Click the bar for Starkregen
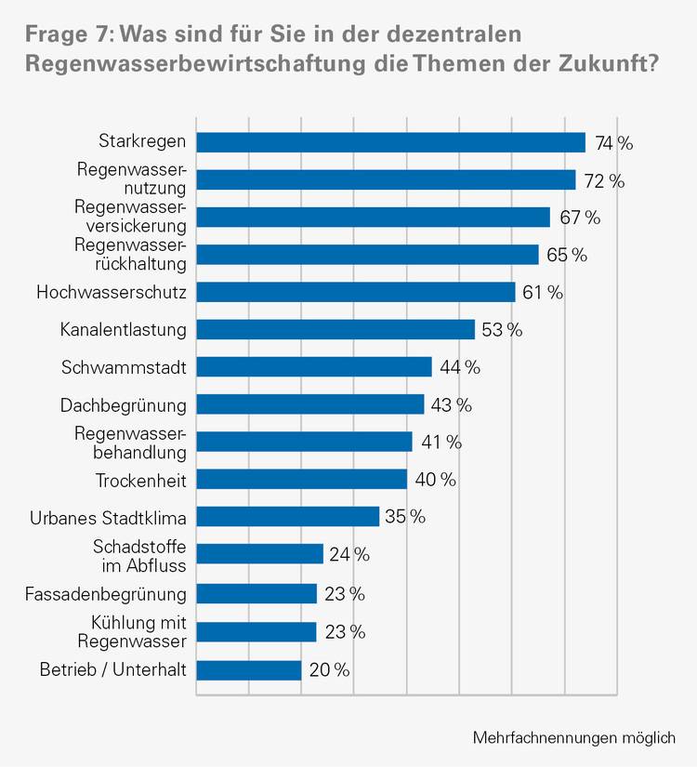click(x=390, y=142)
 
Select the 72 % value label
click(x=604, y=180)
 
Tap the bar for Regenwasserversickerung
click(x=373, y=218)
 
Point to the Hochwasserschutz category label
click(x=112, y=292)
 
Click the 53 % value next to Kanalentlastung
click(x=502, y=330)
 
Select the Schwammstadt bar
click(x=314, y=367)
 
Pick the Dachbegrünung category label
click(x=124, y=405)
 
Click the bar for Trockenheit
click(x=302, y=479)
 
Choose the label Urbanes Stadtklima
click(x=108, y=517)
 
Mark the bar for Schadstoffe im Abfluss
click(x=259, y=554)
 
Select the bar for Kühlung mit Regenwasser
click(x=256, y=632)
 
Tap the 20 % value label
click(x=329, y=670)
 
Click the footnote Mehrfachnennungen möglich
click(x=573, y=737)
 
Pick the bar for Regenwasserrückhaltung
click(x=367, y=255)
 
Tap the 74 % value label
click(x=613, y=143)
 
